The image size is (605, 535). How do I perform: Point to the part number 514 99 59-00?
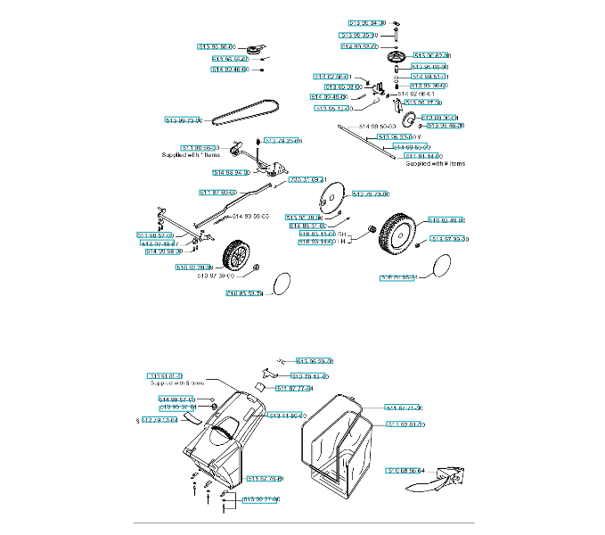coord(251,217)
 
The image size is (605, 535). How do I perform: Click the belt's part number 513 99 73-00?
coord(184,120)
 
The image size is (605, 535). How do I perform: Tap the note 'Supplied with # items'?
coord(435,164)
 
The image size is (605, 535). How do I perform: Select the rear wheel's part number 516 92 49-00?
coord(447,219)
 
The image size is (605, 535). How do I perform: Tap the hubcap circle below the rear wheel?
coord(438,266)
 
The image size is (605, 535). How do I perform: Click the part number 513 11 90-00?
coord(287,416)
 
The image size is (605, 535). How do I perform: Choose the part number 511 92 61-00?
coord(405,424)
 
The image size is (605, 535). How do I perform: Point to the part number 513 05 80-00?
coord(215,45)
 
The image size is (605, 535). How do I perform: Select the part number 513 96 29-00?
coord(315,361)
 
